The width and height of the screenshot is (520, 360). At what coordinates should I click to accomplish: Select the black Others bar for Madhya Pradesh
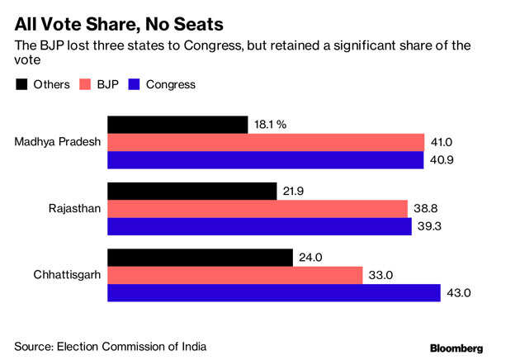click(177, 125)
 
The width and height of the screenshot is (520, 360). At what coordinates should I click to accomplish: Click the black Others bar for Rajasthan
click(191, 192)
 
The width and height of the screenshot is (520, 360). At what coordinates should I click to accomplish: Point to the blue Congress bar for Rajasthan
click(259, 226)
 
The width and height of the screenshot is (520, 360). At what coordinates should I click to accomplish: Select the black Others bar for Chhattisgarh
click(200, 258)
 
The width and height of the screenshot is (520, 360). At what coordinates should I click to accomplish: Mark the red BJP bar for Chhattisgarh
click(234, 275)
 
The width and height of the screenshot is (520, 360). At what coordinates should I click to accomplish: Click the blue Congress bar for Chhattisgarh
click(274, 292)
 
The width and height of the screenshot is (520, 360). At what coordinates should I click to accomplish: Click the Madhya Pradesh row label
click(58, 142)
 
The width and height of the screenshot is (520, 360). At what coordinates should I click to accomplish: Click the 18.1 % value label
click(272, 126)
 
